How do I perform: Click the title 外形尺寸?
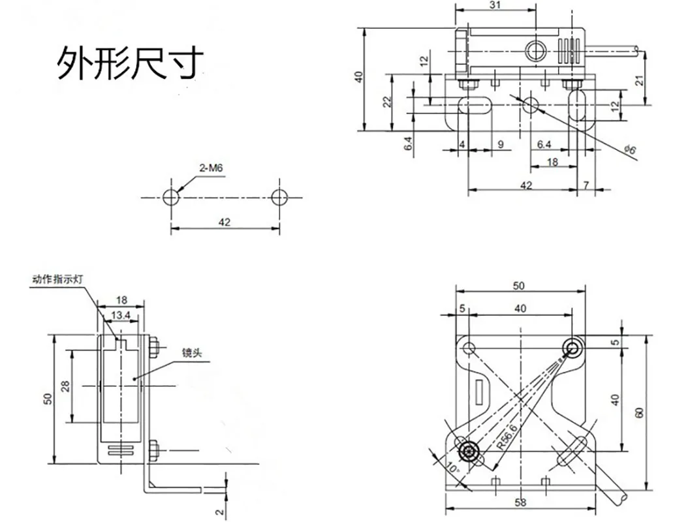[129, 63]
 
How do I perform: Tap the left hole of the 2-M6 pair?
[171, 197]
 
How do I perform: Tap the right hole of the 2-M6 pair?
[279, 197]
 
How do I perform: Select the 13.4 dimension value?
[121, 316]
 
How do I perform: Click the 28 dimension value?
[65, 386]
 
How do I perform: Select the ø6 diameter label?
[630, 150]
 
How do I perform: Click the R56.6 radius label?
[506, 435]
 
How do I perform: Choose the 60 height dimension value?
[640, 412]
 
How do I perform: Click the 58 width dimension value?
[520, 502]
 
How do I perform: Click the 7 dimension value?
[586, 185]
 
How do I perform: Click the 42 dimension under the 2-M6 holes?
[225, 223]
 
